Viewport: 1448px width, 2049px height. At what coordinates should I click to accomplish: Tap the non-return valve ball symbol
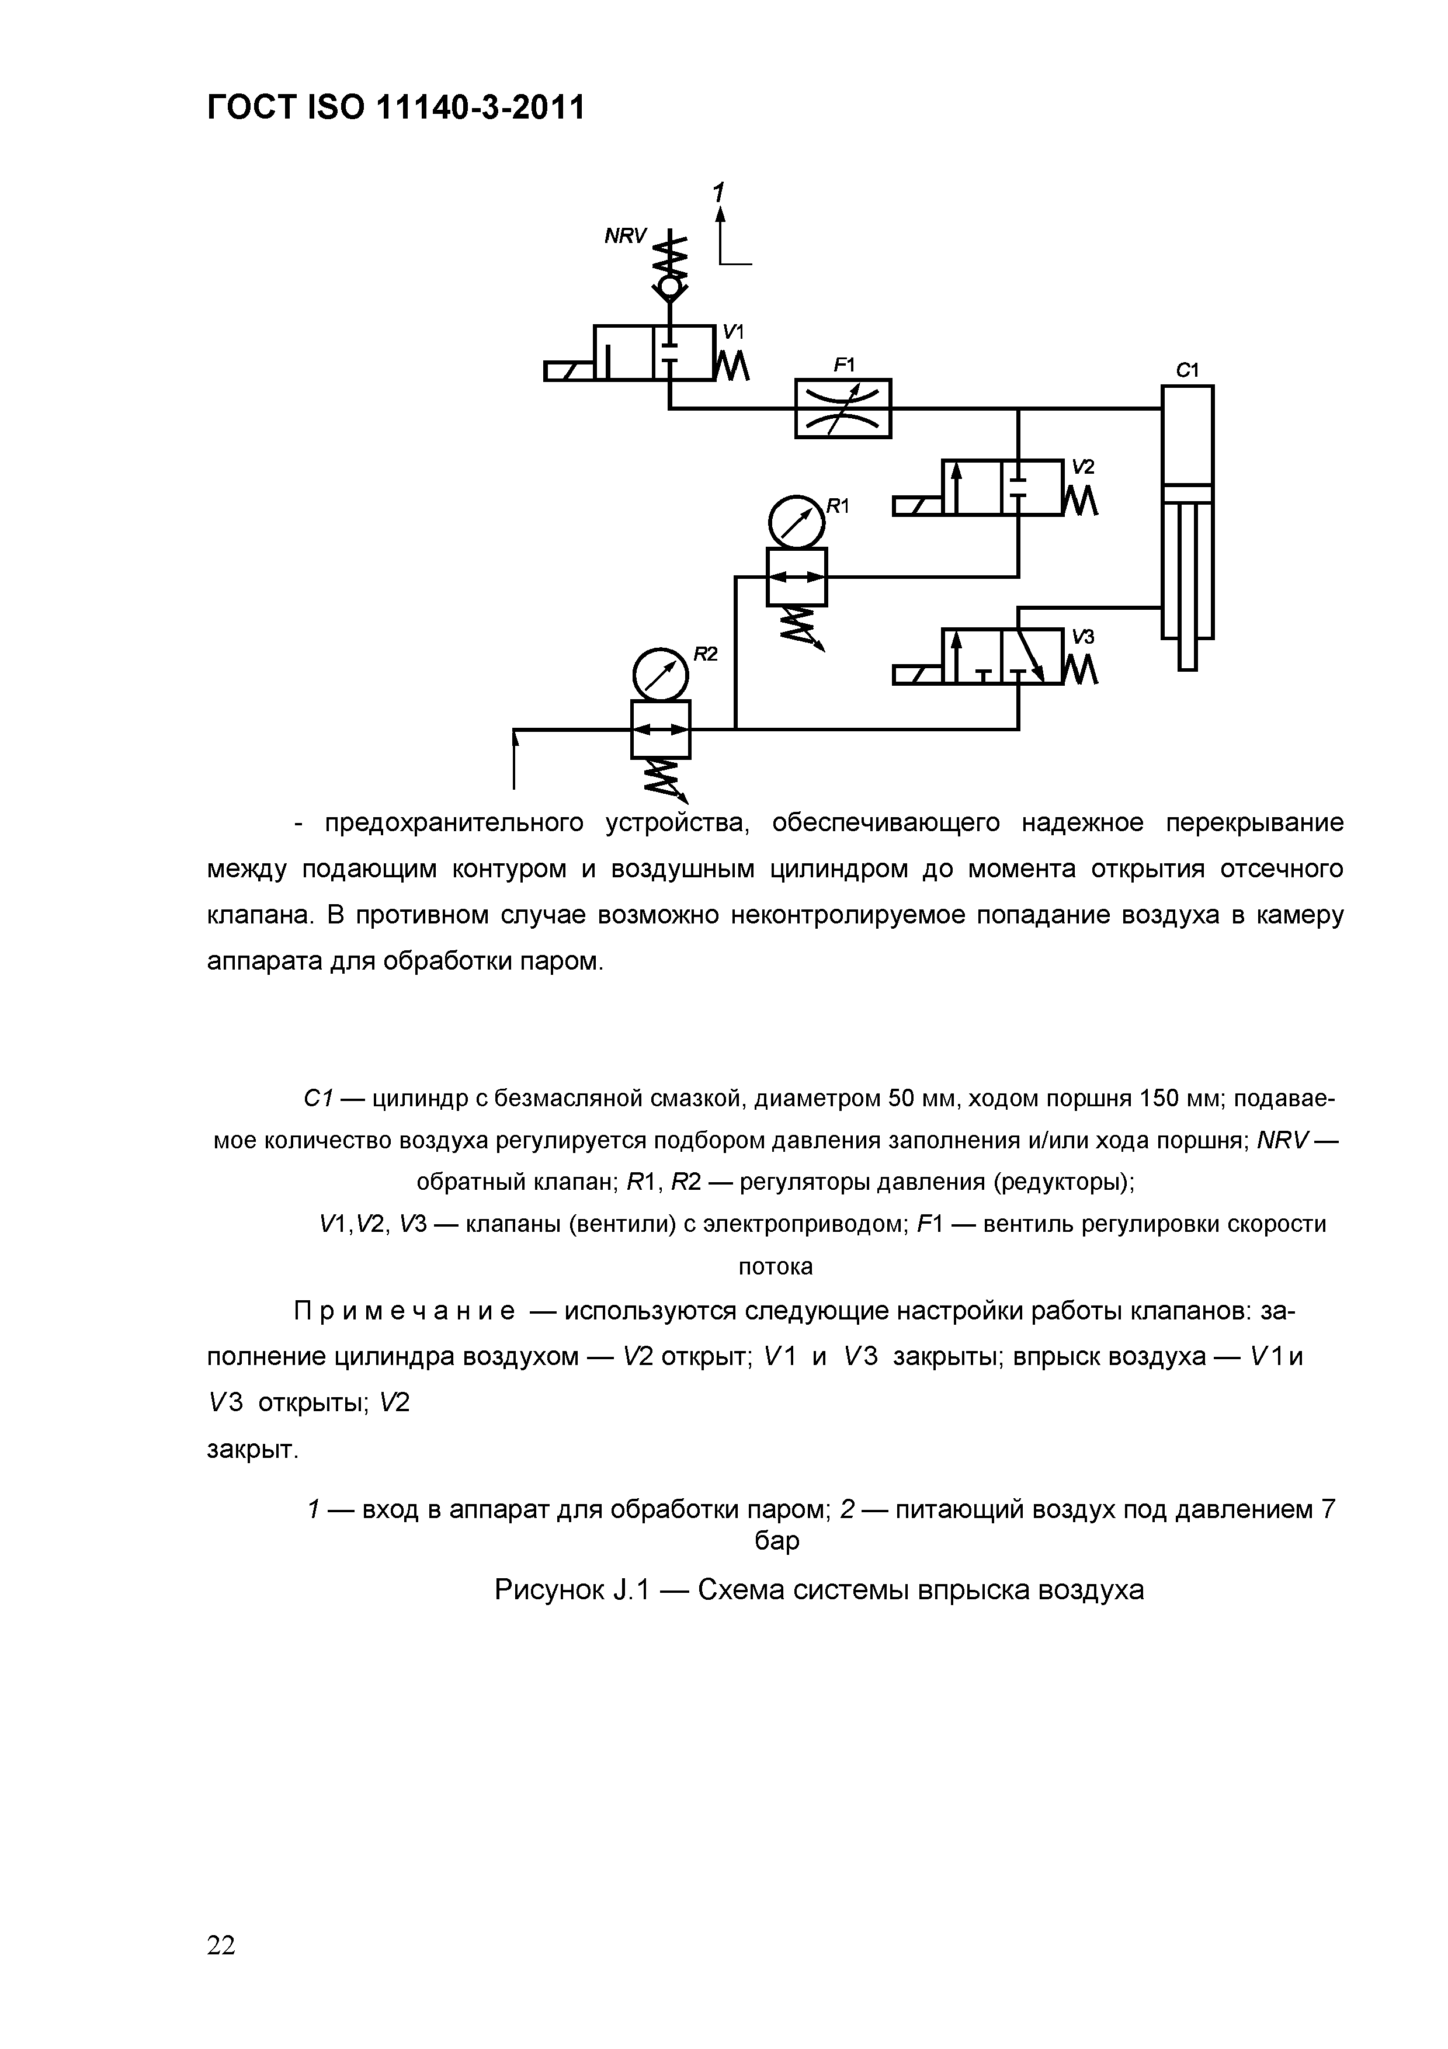[669, 289]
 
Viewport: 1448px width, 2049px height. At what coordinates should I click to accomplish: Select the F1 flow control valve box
[842, 409]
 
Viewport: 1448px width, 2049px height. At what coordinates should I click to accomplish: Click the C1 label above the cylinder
[1186, 370]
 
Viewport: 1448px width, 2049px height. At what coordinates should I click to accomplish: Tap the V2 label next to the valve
[1083, 467]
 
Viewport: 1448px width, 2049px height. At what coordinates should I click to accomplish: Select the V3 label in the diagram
[1083, 636]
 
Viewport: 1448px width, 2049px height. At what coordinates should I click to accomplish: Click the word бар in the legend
[776, 1541]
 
